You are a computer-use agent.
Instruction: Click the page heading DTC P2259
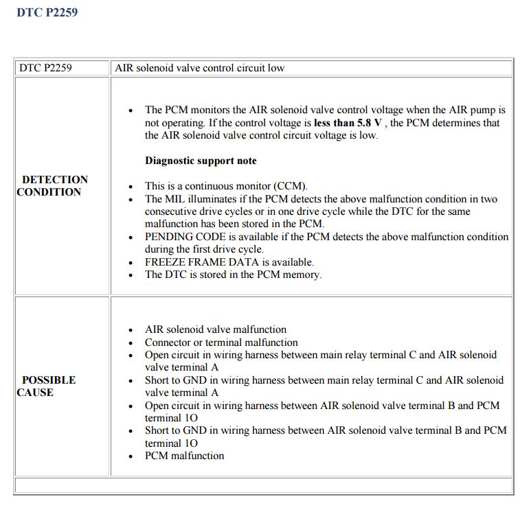[x=47, y=12]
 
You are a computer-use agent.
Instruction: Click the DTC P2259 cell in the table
[x=45, y=68]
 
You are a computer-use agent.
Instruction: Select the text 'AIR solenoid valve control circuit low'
[x=199, y=68]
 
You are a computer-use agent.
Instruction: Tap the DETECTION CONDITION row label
[x=54, y=186]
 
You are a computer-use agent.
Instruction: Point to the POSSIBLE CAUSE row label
[x=47, y=386]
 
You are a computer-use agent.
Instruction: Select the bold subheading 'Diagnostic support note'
[x=201, y=161]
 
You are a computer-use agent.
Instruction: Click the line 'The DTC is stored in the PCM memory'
[x=233, y=275]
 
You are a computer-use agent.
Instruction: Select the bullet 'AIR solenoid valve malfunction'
[x=215, y=329]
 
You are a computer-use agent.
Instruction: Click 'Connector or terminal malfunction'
[x=221, y=342]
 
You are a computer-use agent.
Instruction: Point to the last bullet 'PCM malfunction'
[x=184, y=455]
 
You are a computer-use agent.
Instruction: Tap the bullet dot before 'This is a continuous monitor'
[x=131, y=187]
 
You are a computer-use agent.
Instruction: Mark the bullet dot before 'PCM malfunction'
[x=131, y=456]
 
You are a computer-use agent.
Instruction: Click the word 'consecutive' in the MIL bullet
[x=170, y=211]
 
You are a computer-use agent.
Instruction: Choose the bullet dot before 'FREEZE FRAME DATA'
[x=131, y=263]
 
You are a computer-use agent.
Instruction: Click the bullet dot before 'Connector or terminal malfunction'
[x=131, y=343]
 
